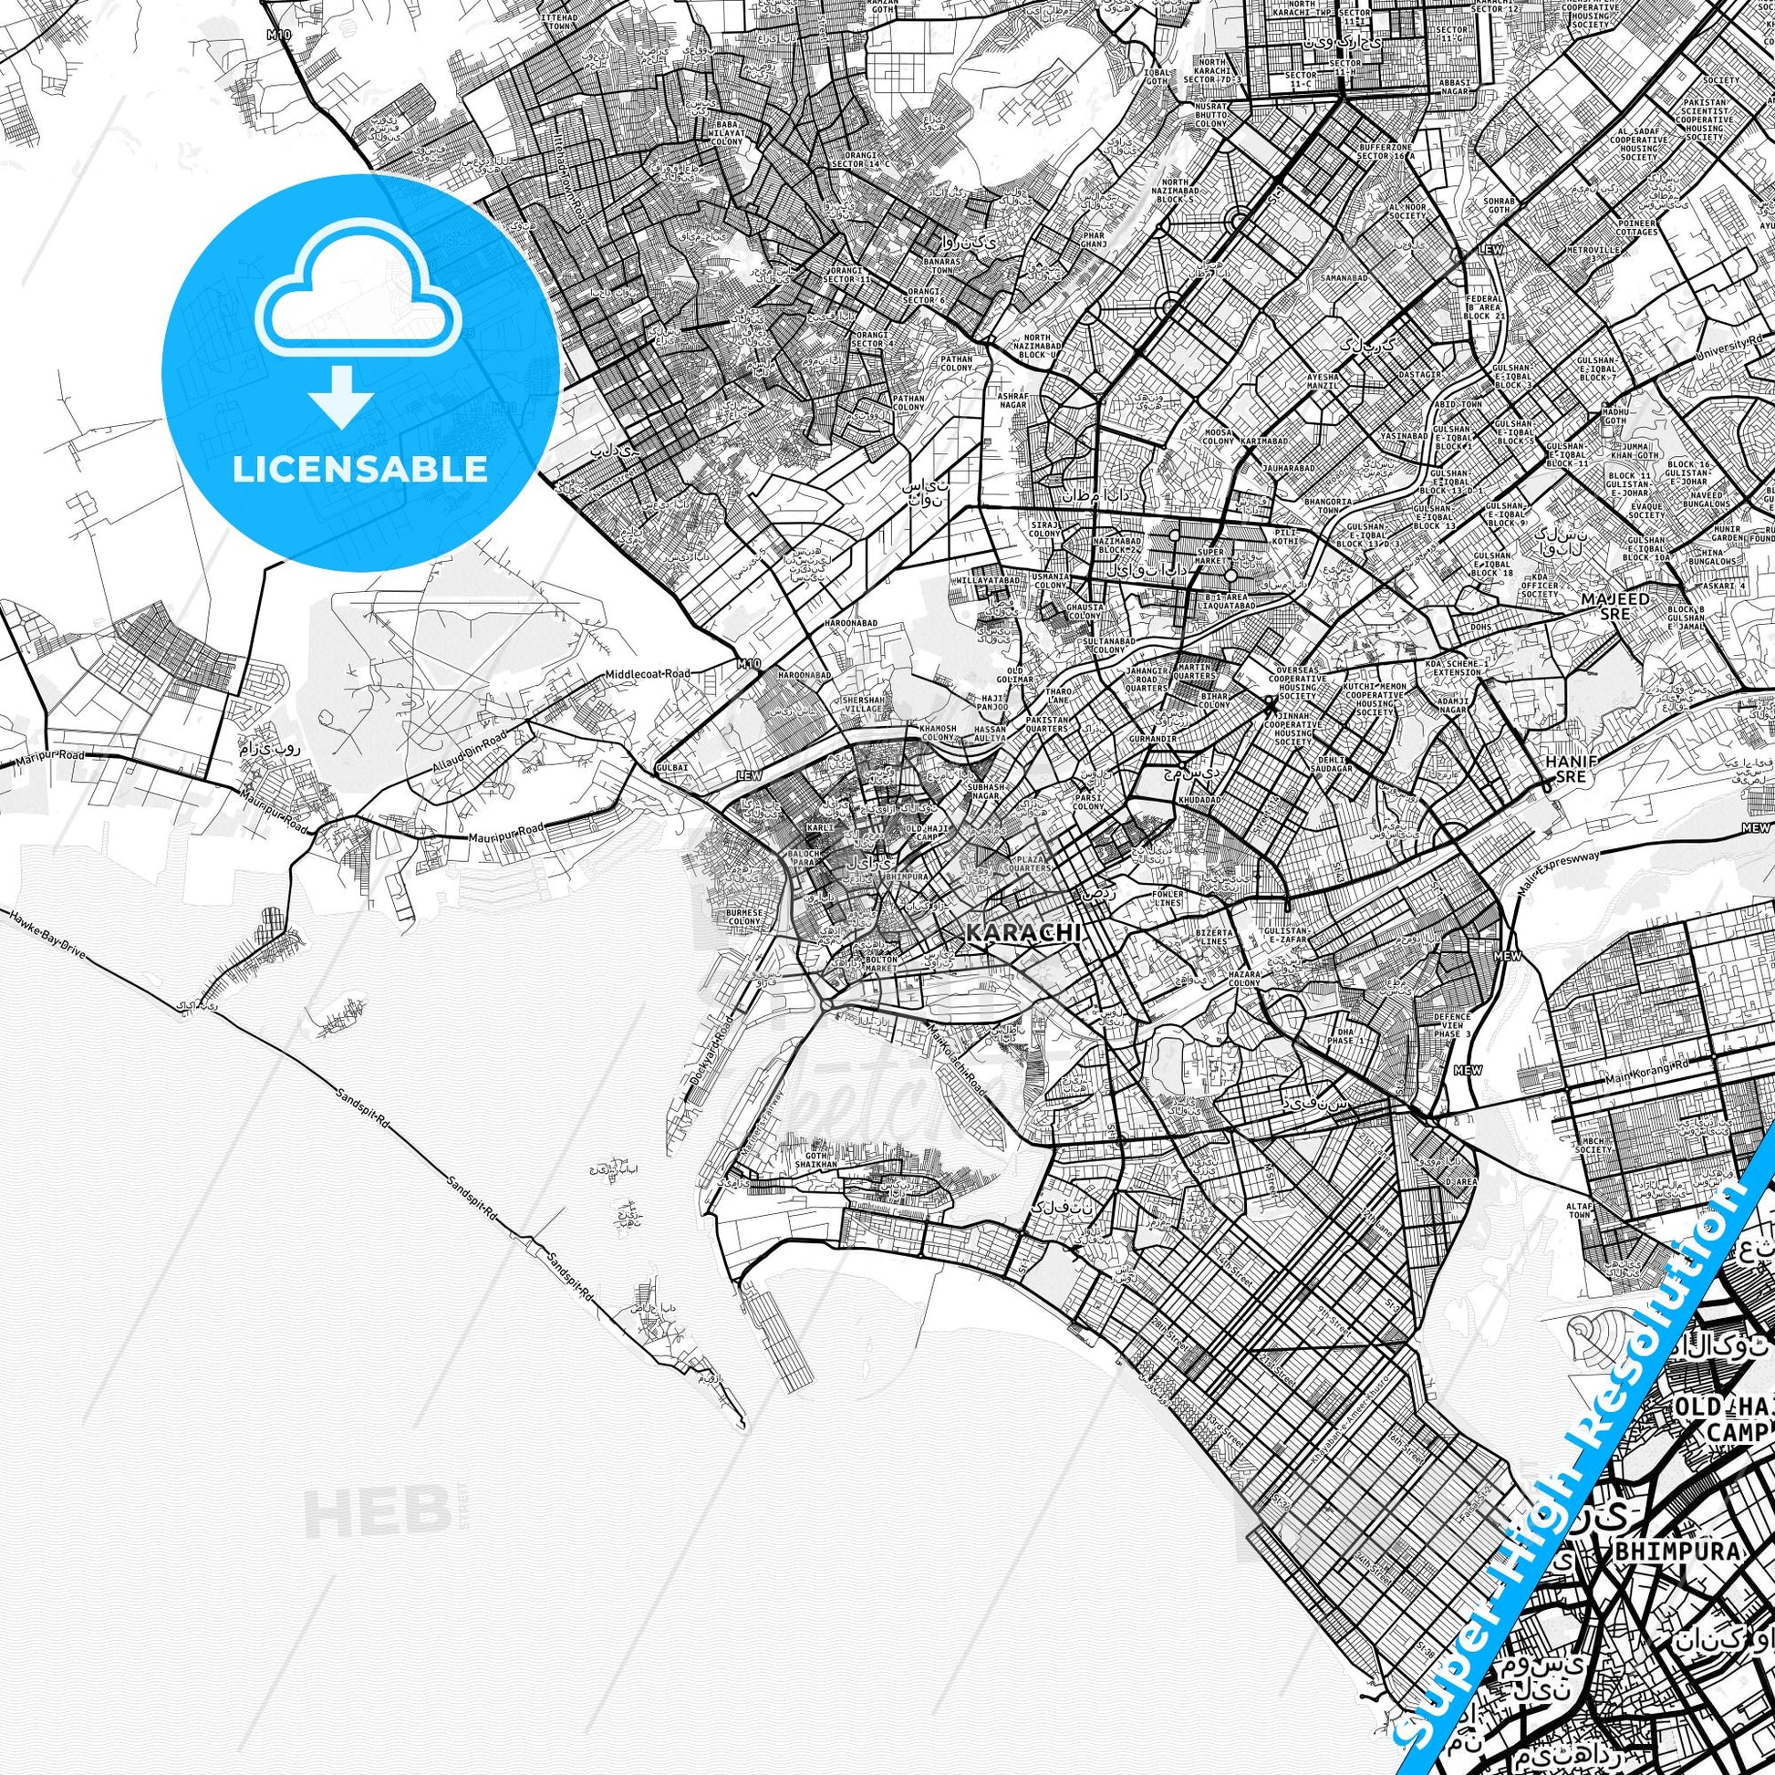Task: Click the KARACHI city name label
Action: pyautogui.click(x=1022, y=932)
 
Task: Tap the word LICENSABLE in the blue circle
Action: pyautogui.click(x=359, y=469)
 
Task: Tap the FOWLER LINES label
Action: pyautogui.click(x=1170, y=898)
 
